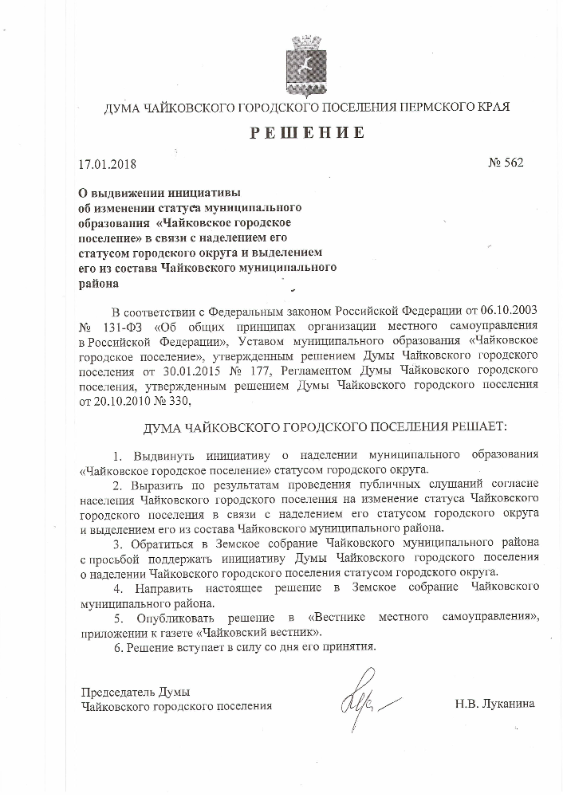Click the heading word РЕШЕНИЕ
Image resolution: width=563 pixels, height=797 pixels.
tap(307, 133)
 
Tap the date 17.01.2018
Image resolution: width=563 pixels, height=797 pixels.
tap(108, 165)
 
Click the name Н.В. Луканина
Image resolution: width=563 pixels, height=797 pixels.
tap(494, 705)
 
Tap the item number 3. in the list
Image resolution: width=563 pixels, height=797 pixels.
tap(116, 542)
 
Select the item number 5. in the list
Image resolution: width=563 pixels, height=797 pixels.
tap(116, 616)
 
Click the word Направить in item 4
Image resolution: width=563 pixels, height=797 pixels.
tap(160, 587)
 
